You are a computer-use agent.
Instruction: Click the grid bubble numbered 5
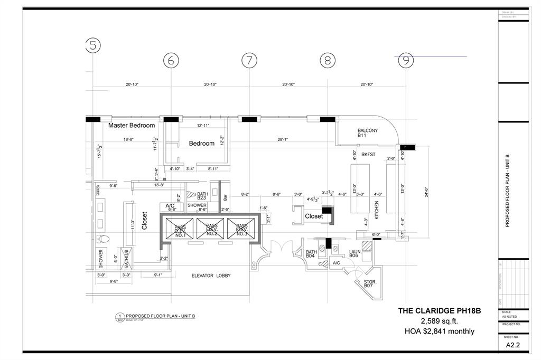click(92, 46)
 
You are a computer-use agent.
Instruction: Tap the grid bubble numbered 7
click(249, 61)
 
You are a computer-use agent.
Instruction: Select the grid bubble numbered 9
click(406, 61)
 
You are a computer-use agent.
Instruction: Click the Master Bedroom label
click(132, 126)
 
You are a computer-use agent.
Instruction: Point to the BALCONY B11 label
click(367, 132)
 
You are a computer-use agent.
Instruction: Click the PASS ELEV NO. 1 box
click(180, 230)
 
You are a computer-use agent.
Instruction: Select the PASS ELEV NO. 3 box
click(242, 230)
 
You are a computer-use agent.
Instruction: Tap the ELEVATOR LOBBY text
click(211, 276)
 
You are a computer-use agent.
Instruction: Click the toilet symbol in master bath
click(104, 239)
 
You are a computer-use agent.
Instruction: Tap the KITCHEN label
click(377, 210)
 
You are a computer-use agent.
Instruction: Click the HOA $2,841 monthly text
click(439, 331)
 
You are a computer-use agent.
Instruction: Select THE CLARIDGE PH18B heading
click(439, 311)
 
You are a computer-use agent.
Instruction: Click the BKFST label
click(368, 155)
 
